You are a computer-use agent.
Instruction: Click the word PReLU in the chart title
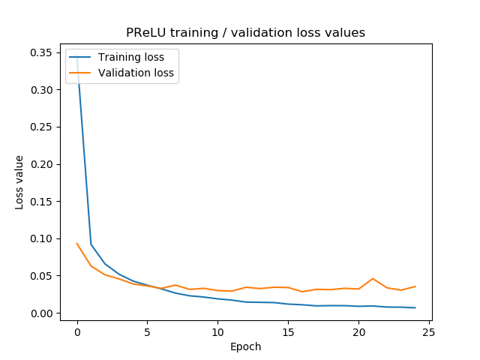tap(145, 32)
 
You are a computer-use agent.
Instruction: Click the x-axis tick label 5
tap(147, 331)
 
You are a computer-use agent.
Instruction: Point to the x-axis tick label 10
tap(217, 331)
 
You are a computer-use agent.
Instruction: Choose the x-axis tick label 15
tap(288, 331)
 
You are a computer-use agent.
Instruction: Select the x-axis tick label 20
tap(358, 331)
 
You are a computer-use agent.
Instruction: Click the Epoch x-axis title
tap(246, 346)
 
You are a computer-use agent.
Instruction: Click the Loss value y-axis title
tap(19, 182)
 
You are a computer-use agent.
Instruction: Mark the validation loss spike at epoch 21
tap(373, 279)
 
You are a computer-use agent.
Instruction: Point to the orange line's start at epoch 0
tap(77, 243)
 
